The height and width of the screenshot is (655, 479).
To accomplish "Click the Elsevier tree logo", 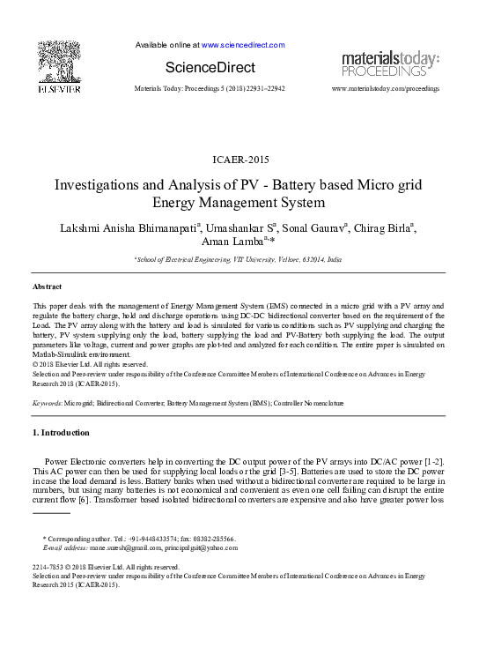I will pos(58,62).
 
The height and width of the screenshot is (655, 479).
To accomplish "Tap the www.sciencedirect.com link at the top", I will pos(243,45).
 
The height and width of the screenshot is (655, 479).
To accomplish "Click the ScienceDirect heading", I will pos(210,68).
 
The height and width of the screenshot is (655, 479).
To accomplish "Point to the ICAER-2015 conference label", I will pos(240,160).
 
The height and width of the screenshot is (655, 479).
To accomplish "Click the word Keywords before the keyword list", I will pos(47,402).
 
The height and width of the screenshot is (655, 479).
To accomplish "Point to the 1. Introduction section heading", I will pos(61,433).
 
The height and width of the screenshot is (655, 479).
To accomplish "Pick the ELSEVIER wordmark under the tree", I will pos(59,90).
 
